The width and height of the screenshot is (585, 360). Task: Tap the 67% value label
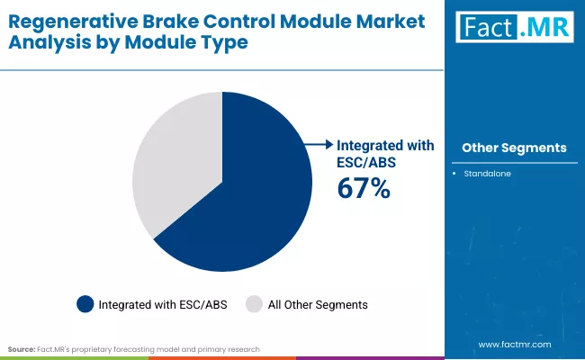tap(363, 188)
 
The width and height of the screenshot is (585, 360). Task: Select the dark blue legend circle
tap(85, 305)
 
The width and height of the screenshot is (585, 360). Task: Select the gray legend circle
tap(255, 305)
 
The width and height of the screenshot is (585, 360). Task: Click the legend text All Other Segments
tap(318, 305)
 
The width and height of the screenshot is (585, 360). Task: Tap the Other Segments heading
tap(514, 148)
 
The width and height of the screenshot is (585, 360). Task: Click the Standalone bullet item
tap(488, 173)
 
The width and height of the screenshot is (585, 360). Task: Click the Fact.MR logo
tap(513, 28)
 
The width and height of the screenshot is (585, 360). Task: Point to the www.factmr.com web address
tap(514, 344)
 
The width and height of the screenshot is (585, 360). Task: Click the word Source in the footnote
tap(22, 348)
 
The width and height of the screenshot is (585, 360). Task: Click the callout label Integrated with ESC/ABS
tap(385, 152)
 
